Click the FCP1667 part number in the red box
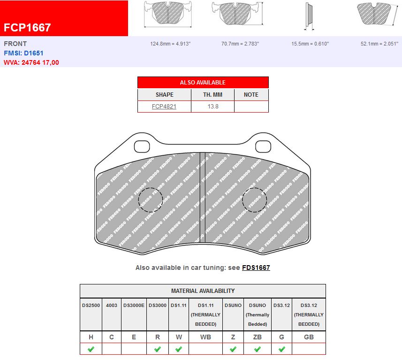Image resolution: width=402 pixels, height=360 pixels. (x=27, y=27)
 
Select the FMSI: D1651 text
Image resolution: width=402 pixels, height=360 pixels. (x=23, y=53)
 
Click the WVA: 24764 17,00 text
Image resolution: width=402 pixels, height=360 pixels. (x=31, y=62)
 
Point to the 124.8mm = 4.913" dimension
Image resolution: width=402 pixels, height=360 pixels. (x=170, y=44)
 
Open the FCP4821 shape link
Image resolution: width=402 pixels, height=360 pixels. (x=164, y=107)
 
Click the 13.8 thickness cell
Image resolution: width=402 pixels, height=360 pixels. (x=212, y=107)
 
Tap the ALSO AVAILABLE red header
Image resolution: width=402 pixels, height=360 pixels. (x=203, y=82)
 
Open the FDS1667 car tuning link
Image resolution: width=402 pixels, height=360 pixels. (x=256, y=268)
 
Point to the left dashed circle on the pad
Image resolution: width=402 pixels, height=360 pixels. (x=151, y=199)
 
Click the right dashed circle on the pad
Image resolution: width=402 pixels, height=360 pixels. (x=254, y=199)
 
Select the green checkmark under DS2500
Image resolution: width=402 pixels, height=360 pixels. (x=91, y=349)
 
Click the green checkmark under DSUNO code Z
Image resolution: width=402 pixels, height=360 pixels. (x=233, y=349)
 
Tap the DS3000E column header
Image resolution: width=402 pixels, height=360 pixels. (x=134, y=305)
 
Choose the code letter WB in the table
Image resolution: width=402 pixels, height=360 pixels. (x=205, y=337)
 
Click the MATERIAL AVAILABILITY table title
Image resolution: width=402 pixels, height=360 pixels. (x=203, y=291)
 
